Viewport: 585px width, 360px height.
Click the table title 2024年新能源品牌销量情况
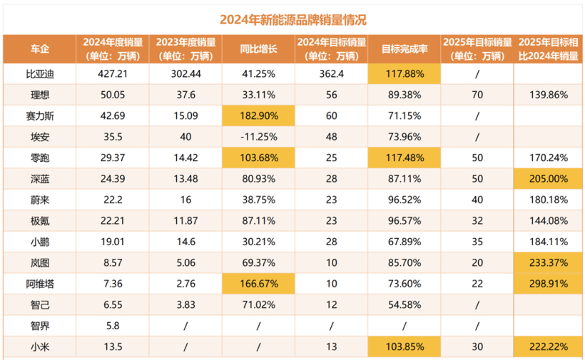click(x=292, y=19)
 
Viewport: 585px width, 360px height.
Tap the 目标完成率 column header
click(x=404, y=49)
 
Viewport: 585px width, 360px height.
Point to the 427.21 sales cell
click(x=111, y=74)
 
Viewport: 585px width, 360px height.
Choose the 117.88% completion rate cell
click(x=404, y=74)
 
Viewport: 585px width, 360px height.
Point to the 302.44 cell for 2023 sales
click(x=185, y=74)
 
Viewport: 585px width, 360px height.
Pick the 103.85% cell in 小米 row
click(x=404, y=349)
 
